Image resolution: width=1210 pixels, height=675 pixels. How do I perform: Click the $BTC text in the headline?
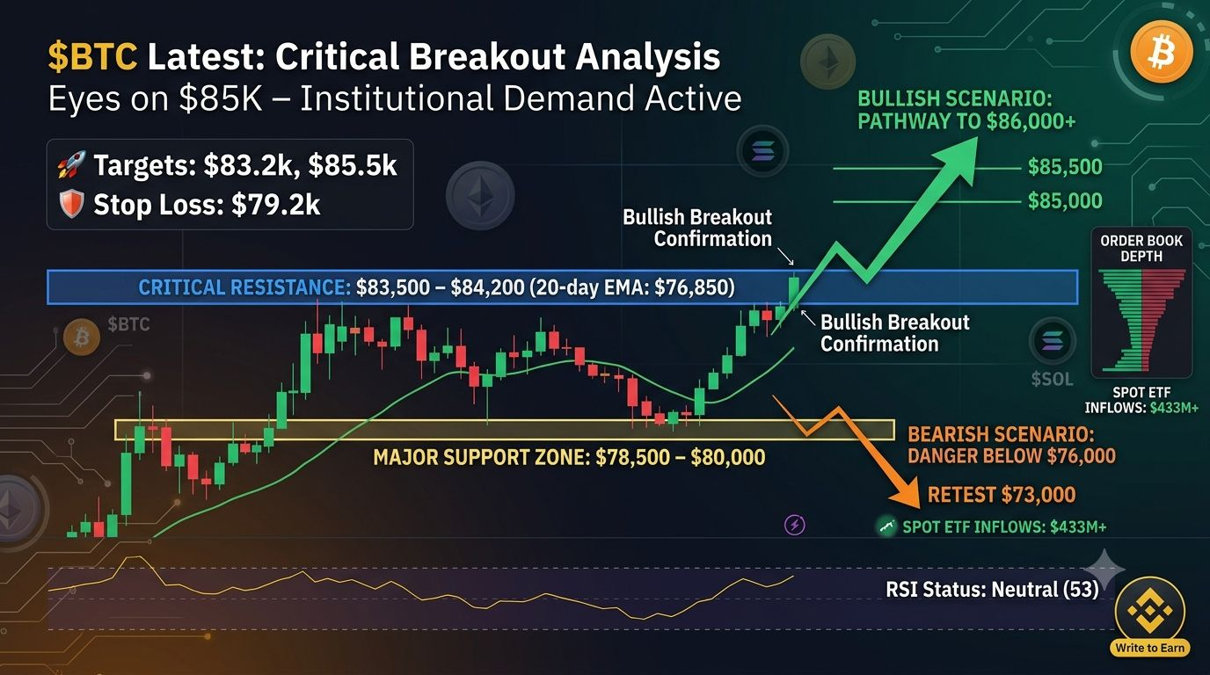pyautogui.click(x=92, y=56)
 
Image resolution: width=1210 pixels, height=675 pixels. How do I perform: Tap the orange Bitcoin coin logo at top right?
pyautogui.click(x=1161, y=52)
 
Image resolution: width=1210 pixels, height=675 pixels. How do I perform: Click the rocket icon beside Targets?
pyautogui.click(x=72, y=164)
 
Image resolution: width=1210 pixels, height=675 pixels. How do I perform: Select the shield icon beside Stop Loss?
pyautogui.click(x=72, y=204)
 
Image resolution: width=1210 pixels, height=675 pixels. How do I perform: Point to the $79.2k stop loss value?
pyautogui.click(x=275, y=205)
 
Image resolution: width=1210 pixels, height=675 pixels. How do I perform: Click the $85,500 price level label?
pyautogui.click(x=1065, y=167)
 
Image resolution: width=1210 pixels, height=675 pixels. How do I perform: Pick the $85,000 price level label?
pyautogui.click(x=1065, y=201)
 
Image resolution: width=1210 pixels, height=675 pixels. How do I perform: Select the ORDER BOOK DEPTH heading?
pyautogui.click(x=1141, y=249)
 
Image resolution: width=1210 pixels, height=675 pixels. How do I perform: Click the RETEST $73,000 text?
pyautogui.click(x=1002, y=495)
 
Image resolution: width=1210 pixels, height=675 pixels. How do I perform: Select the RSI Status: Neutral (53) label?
pyautogui.click(x=992, y=589)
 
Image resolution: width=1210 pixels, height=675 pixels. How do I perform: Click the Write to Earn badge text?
pyautogui.click(x=1149, y=648)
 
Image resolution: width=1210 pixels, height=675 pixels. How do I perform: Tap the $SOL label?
pyautogui.click(x=1052, y=379)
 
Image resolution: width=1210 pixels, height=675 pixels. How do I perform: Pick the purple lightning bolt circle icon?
pyautogui.click(x=795, y=525)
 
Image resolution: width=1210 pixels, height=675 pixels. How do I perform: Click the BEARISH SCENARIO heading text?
pyautogui.click(x=1001, y=434)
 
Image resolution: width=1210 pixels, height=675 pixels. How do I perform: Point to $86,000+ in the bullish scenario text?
pyautogui.click(x=1031, y=121)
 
